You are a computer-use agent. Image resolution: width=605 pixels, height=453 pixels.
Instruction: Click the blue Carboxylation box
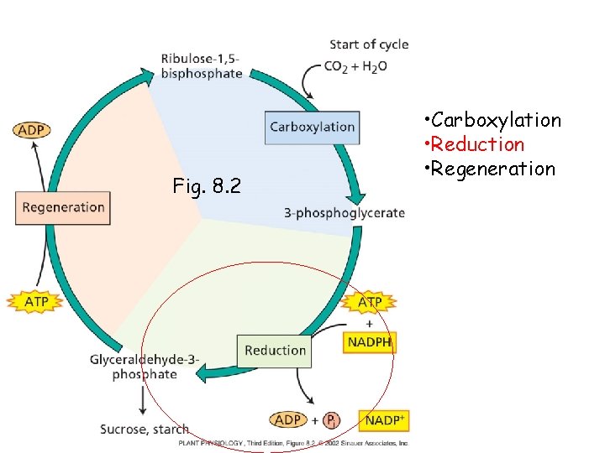(x=312, y=127)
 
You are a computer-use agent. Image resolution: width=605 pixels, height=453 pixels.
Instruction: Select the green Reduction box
(x=275, y=350)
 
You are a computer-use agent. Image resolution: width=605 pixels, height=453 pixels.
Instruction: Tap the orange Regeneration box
(x=63, y=207)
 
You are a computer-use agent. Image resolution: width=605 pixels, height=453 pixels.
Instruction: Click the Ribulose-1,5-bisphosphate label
(x=202, y=65)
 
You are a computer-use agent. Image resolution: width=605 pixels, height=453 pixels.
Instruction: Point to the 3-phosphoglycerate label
(x=345, y=213)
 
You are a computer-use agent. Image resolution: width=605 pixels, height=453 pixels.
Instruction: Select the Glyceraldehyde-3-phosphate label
(x=145, y=367)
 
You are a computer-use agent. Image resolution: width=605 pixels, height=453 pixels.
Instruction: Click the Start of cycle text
(x=369, y=44)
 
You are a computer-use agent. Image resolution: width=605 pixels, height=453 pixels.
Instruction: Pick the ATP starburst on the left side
(x=34, y=300)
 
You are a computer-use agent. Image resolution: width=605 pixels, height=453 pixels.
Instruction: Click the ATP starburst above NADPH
(x=370, y=302)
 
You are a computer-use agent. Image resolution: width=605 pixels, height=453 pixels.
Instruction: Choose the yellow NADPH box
(x=370, y=342)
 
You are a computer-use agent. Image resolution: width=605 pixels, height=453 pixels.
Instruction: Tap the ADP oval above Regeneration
(x=32, y=130)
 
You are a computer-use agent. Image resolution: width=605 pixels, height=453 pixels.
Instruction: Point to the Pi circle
(x=333, y=419)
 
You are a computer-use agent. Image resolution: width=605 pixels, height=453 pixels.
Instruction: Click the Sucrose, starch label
(x=145, y=430)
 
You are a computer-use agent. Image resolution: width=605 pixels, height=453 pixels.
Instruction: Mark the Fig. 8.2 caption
(x=206, y=185)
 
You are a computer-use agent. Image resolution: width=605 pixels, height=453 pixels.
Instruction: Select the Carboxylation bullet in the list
(x=492, y=120)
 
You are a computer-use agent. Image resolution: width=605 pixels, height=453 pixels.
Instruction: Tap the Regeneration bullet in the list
(x=491, y=169)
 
